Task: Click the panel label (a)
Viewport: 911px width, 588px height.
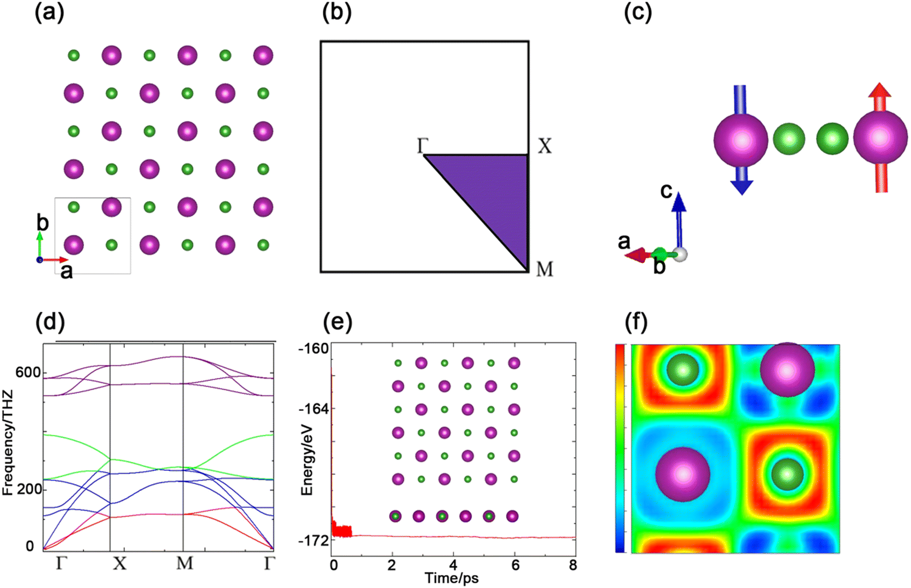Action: [x=49, y=12]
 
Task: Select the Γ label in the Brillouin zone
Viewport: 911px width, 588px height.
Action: [x=422, y=146]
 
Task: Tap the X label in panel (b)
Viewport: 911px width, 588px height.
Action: [x=544, y=146]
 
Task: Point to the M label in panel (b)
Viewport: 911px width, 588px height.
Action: [x=545, y=269]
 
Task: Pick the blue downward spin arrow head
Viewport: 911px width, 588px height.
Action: [x=741, y=187]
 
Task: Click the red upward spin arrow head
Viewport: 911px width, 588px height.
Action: [x=880, y=90]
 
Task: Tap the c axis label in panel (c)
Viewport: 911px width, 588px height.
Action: [x=666, y=191]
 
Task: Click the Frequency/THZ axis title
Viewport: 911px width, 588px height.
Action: [x=8, y=443]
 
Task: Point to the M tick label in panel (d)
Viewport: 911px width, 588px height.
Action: [x=184, y=563]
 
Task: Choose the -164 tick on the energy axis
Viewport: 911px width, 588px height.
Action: [x=314, y=409]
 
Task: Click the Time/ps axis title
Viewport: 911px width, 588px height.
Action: [x=451, y=578]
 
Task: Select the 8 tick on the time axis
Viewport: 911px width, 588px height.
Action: [x=573, y=565]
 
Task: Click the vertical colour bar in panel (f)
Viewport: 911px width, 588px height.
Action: [x=620, y=448]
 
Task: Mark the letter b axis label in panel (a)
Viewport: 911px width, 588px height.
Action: [x=42, y=223]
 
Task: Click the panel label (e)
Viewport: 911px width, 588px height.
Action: [x=338, y=323]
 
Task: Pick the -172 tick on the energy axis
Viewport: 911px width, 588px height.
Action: [x=314, y=541]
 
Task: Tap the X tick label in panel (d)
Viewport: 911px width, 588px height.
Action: [x=120, y=563]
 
